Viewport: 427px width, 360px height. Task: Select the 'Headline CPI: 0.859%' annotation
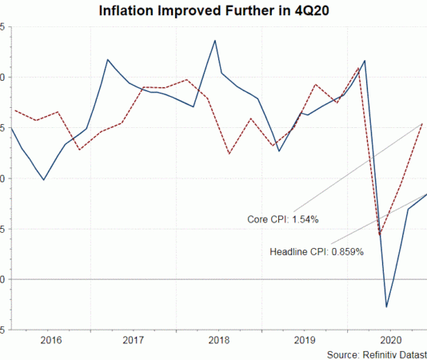click(x=317, y=251)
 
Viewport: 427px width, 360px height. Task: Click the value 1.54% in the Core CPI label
click(x=306, y=218)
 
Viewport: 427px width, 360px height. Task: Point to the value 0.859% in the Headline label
click(x=345, y=251)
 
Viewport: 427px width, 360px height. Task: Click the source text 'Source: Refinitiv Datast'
click(x=377, y=353)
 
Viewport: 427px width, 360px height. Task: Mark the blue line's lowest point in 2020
click(x=387, y=306)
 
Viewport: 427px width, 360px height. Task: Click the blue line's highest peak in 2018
click(x=215, y=40)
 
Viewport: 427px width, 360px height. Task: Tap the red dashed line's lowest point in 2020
click(x=380, y=235)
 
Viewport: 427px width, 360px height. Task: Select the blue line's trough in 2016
click(x=43, y=179)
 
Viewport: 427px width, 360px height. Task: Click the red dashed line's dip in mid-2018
click(x=229, y=154)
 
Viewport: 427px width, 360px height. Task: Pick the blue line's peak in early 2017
click(x=108, y=59)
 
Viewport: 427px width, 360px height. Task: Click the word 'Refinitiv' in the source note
click(x=384, y=353)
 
